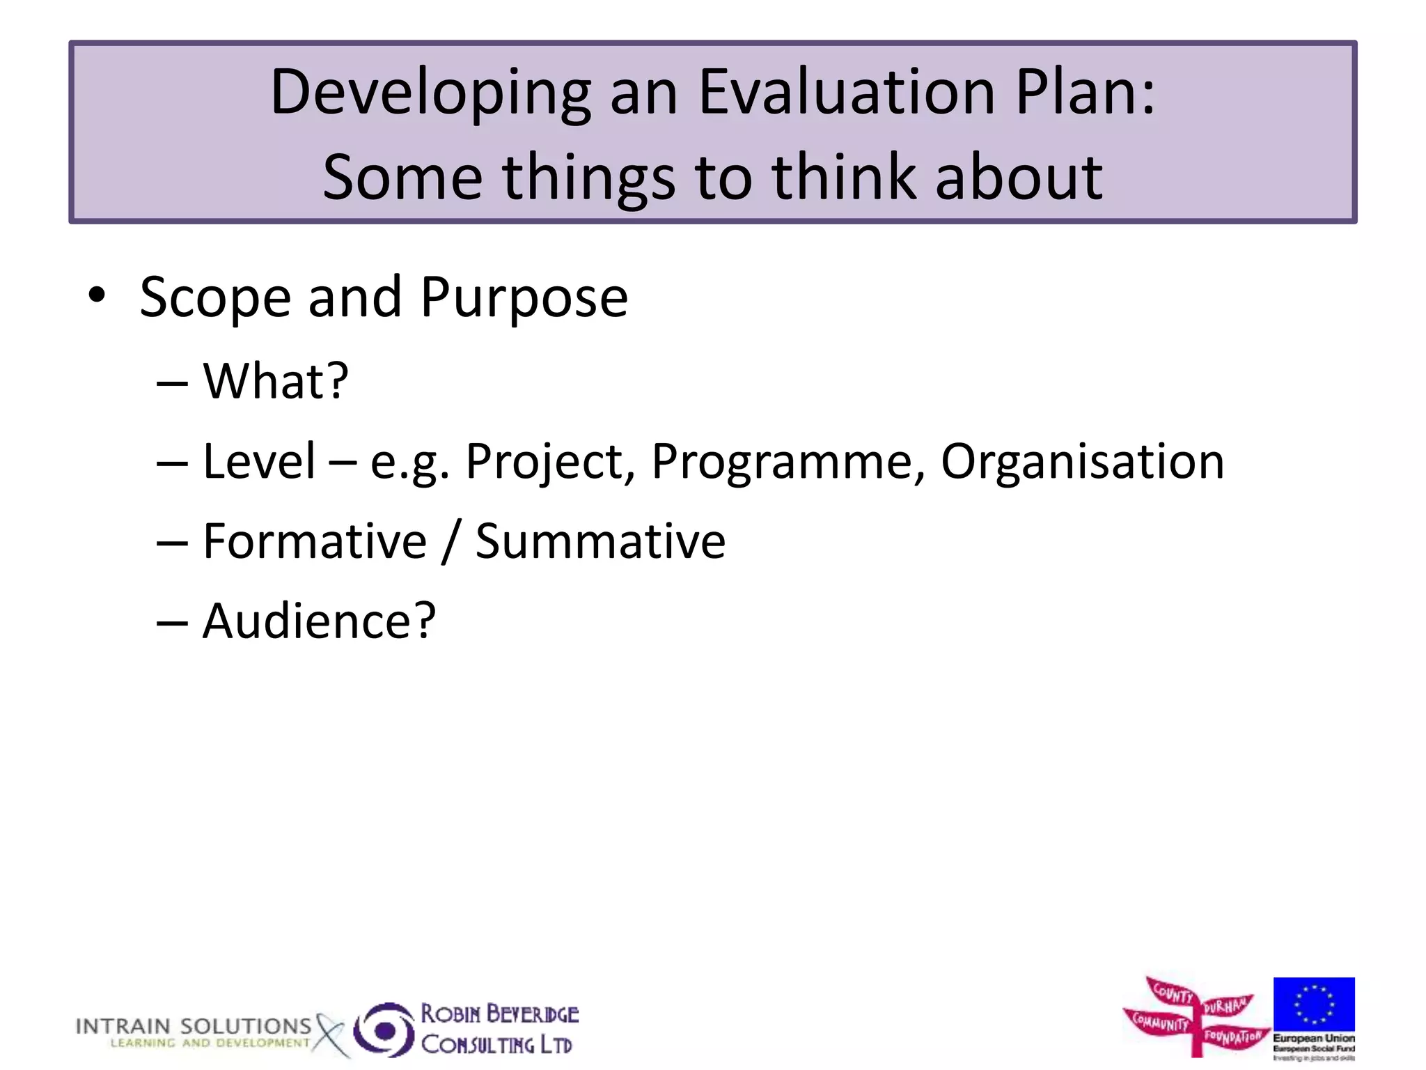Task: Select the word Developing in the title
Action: tap(430, 93)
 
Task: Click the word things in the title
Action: tap(588, 178)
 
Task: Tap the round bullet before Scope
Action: tap(97, 295)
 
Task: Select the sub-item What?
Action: tap(275, 381)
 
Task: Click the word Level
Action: tap(259, 461)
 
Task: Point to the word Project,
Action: tap(550, 463)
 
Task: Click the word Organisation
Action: tap(1082, 461)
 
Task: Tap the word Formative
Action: tap(315, 541)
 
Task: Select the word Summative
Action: tap(600, 541)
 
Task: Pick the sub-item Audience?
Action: tap(319, 621)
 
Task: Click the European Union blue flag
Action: tap(1314, 1005)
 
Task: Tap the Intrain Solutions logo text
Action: tap(194, 1026)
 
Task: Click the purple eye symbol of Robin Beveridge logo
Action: tap(384, 1030)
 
